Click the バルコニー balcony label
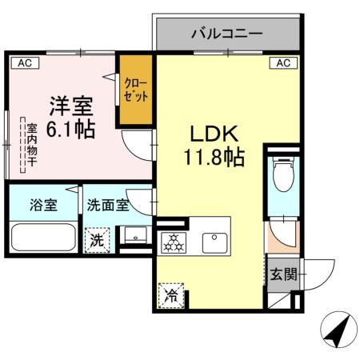(226, 34)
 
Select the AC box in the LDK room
(282, 62)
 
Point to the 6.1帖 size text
(72, 130)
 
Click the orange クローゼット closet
(134, 90)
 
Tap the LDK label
(210, 132)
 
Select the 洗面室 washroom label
(108, 204)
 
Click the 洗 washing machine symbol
(97, 238)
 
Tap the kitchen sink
(214, 239)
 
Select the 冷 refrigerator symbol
(171, 295)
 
